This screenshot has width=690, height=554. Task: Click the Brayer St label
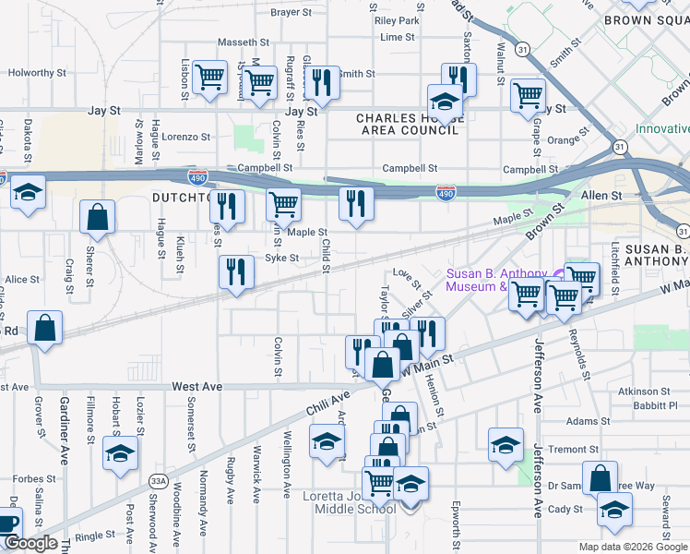292,13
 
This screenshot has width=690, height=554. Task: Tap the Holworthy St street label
38,72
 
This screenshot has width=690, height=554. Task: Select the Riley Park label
398,20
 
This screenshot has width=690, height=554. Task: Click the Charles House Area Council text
407,125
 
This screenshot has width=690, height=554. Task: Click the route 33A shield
159,480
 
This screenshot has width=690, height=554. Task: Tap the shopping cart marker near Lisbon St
210,78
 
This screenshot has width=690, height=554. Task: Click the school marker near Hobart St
120,454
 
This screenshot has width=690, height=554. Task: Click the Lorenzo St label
186,137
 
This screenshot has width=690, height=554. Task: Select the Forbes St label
32,479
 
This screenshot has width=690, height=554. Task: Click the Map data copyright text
634,547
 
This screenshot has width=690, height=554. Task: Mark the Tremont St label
573,450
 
